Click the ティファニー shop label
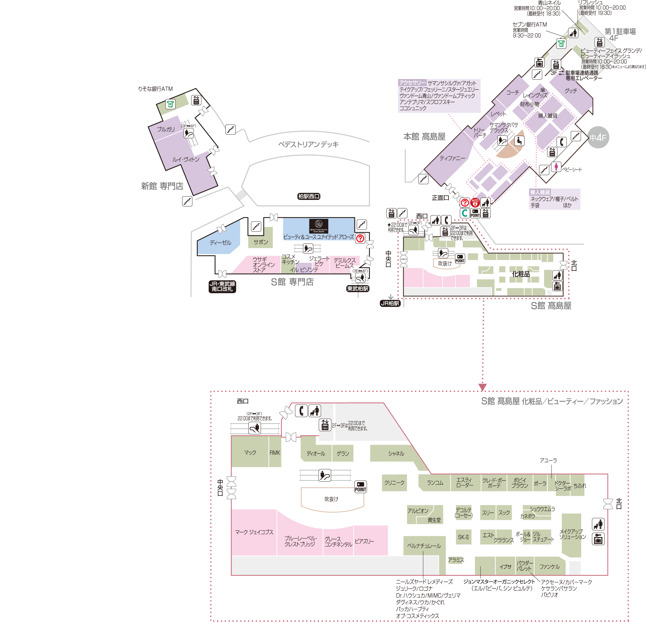click(x=452, y=158)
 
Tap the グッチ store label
click(x=571, y=90)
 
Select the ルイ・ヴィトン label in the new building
click(x=186, y=159)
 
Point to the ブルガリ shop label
click(x=166, y=129)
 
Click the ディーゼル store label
click(x=221, y=243)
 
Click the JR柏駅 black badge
click(x=390, y=303)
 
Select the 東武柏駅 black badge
click(x=358, y=288)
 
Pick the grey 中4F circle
click(x=598, y=137)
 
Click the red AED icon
click(x=475, y=202)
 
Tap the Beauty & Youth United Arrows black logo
click(x=319, y=226)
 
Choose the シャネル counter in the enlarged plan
click(x=396, y=453)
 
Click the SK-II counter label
click(x=463, y=537)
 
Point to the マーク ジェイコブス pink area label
click(x=254, y=532)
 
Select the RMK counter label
click(x=275, y=453)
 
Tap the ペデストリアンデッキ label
click(x=308, y=144)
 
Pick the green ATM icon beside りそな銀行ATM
click(x=170, y=104)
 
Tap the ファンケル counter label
click(x=549, y=567)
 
